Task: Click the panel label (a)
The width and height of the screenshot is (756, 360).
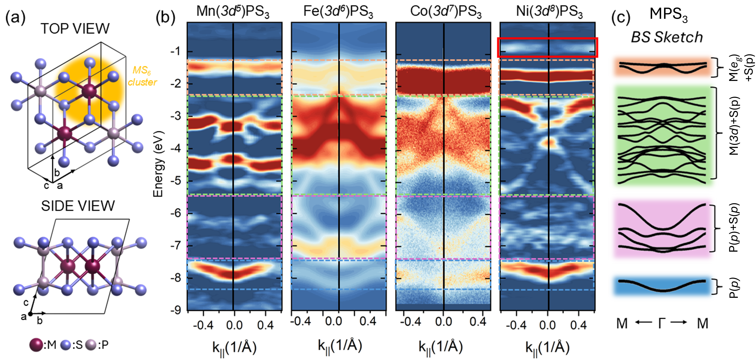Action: pos(15,18)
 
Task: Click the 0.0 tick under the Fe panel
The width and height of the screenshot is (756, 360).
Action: pos(333,322)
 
